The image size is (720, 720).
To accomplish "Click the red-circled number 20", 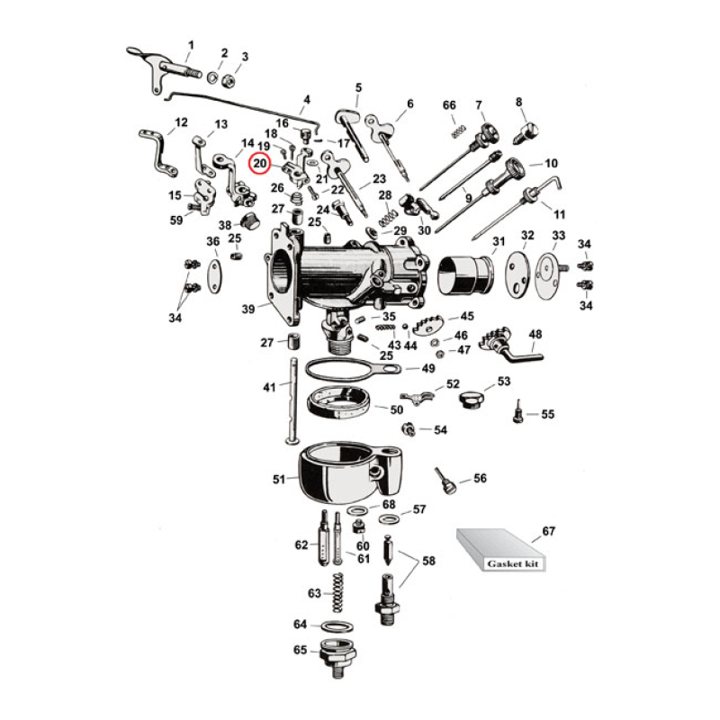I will click(259, 164).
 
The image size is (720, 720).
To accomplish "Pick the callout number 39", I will click(247, 309).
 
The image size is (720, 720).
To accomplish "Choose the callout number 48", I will click(535, 335).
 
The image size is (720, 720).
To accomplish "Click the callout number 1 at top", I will click(191, 45).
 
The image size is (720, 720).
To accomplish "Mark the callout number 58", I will click(428, 561).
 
